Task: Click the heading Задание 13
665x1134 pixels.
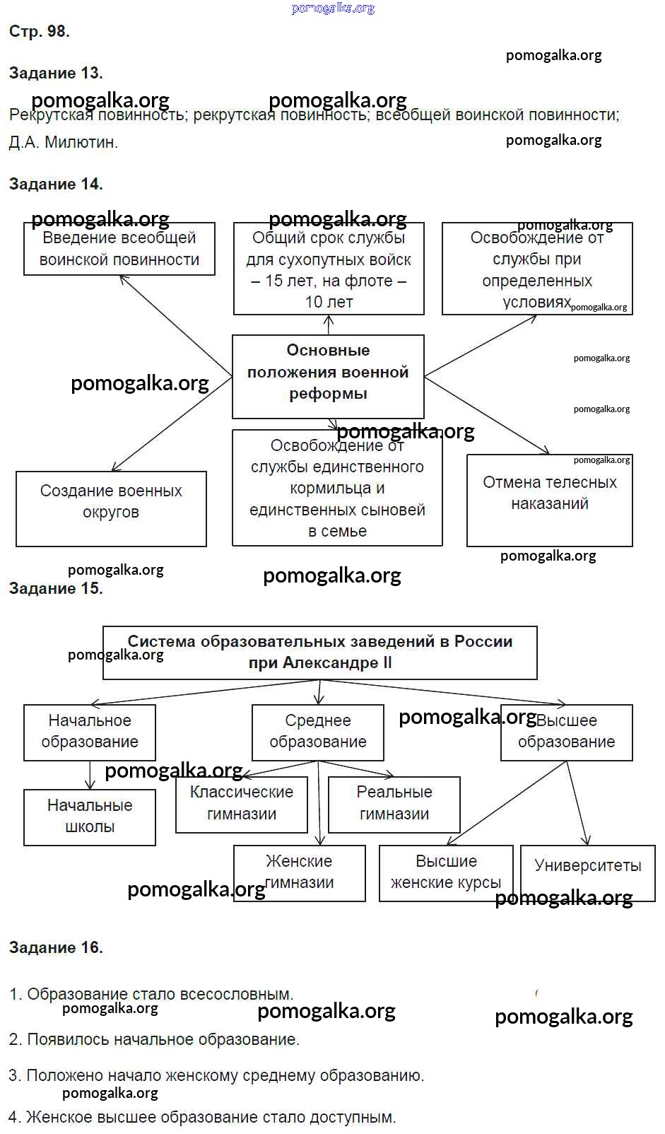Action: click(56, 73)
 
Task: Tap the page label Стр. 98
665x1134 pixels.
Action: click(39, 31)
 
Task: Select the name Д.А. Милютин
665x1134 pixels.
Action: click(64, 142)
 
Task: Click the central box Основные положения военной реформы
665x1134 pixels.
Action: click(328, 373)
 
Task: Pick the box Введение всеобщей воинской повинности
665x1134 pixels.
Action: click(119, 249)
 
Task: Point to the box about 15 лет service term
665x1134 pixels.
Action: click(329, 270)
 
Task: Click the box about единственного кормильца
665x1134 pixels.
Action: click(337, 489)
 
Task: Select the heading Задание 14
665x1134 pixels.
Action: click(56, 184)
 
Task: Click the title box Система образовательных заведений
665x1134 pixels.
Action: click(319, 652)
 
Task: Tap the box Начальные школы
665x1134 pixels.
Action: click(90, 817)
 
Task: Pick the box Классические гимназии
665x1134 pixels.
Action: click(242, 804)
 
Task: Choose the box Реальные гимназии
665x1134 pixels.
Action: click(394, 804)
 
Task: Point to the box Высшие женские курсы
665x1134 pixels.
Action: click(446, 872)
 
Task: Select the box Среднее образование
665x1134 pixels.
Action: click(318, 732)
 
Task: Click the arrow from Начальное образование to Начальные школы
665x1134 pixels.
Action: click(90, 775)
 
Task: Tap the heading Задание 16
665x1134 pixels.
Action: click(56, 947)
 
